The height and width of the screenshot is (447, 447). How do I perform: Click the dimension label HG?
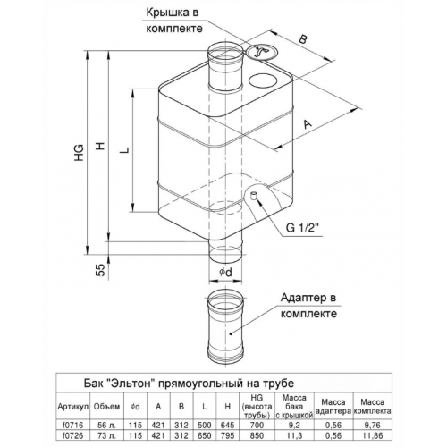(80, 153)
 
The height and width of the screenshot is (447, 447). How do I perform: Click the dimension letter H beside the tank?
(101, 146)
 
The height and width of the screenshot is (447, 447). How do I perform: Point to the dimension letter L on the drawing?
(125, 150)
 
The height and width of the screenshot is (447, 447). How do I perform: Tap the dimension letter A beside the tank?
(307, 123)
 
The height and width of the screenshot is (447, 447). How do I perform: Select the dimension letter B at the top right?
(302, 39)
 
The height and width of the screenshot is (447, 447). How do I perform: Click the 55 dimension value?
(101, 270)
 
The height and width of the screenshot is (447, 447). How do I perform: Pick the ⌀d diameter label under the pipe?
(225, 272)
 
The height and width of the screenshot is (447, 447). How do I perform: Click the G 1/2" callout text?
(303, 228)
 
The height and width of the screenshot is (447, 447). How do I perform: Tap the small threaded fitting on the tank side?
(254, 196)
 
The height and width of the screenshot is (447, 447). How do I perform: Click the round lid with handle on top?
(261, 53)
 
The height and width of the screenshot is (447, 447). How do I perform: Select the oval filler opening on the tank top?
(263, 80)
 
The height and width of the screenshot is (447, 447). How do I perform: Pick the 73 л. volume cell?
(106, 435)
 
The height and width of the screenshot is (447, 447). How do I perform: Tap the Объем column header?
(106, 406)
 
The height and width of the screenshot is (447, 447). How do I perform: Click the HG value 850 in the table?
(257, 435)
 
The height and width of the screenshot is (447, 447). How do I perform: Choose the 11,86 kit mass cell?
(372, 435)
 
